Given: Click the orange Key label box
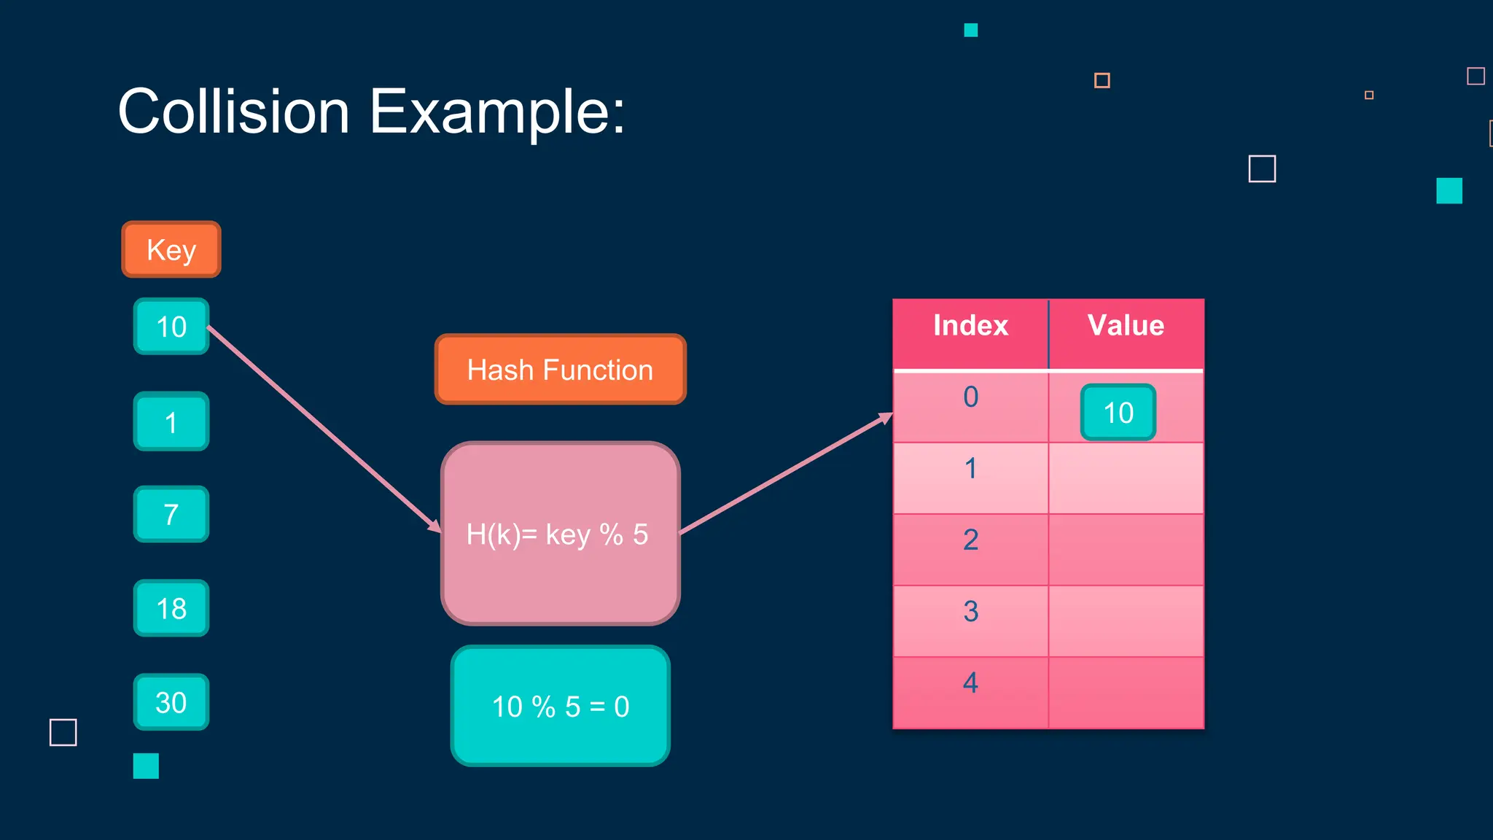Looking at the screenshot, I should (x=171, y=249).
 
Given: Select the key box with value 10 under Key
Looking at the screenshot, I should (x=171, y=327).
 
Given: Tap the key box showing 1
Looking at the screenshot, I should (x=171, y=421).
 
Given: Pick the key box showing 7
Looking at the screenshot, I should (x=171, y=514).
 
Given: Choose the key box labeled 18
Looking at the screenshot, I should (x=171, y=608).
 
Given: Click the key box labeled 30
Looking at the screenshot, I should (x=171, y=701).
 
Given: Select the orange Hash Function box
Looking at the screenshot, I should (x=560, y=370).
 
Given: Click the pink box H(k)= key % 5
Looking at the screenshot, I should (x=560, y=534).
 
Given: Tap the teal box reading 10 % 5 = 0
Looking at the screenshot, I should (x=560, y=706).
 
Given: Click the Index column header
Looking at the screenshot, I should (x=970, y=326).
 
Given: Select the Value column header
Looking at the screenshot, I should (x=1126, y=326).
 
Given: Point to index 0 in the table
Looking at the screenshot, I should (x=970, y=397).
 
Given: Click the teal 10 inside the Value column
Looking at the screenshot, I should (x=1118, y=413).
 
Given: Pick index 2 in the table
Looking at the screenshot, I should (x=970, y=540).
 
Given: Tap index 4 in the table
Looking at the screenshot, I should (x=970, y=683).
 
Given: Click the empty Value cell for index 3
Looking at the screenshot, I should (x=1126, y=621).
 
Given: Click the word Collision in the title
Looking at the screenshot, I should (x=233, y=112).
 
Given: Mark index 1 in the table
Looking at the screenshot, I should (x=970, y=469).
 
